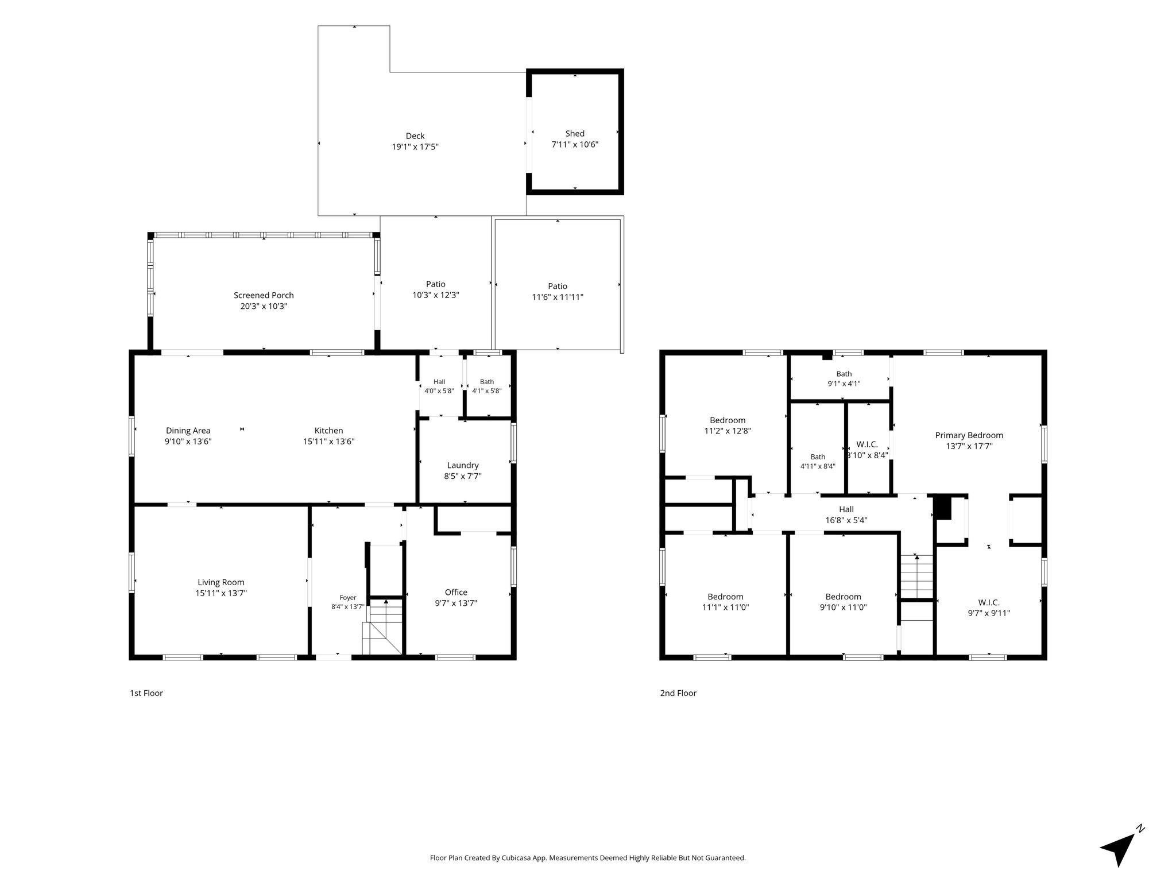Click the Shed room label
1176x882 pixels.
575,134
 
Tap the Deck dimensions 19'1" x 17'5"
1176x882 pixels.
415,147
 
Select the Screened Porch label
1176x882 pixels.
264,295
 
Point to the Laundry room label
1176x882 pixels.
463,465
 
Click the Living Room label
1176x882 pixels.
221,582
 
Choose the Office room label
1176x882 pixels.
456,592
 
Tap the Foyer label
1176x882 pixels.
348,598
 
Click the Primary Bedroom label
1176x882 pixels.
969,435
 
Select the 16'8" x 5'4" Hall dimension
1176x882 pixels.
846,520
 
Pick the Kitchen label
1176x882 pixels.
329,431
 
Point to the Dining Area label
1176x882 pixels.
188,431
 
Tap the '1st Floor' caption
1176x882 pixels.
146,693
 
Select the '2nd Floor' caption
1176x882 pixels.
678,693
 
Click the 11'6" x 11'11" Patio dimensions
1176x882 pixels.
558,297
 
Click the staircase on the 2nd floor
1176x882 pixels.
917,577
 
